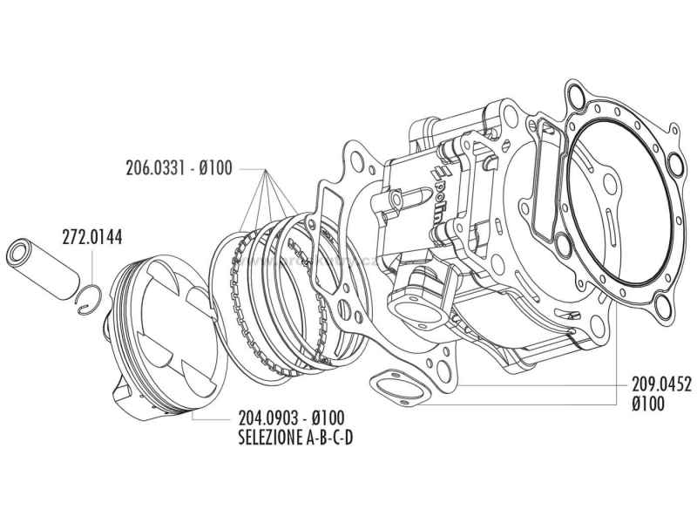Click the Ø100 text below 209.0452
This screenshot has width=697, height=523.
pos(648,403)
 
